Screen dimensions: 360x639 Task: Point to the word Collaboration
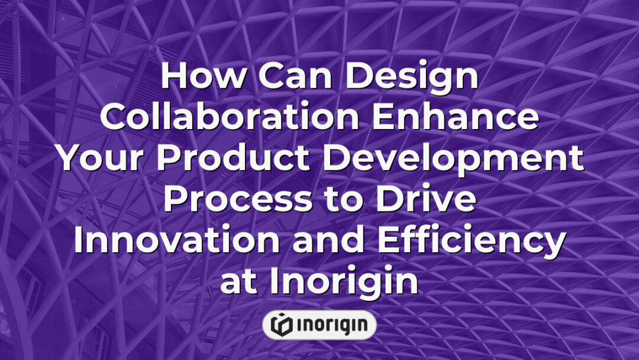pos(229,117)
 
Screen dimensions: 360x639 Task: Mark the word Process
pos(237,198)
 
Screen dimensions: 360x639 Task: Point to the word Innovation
pos(166,240)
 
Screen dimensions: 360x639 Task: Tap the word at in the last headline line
pos(240,281)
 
